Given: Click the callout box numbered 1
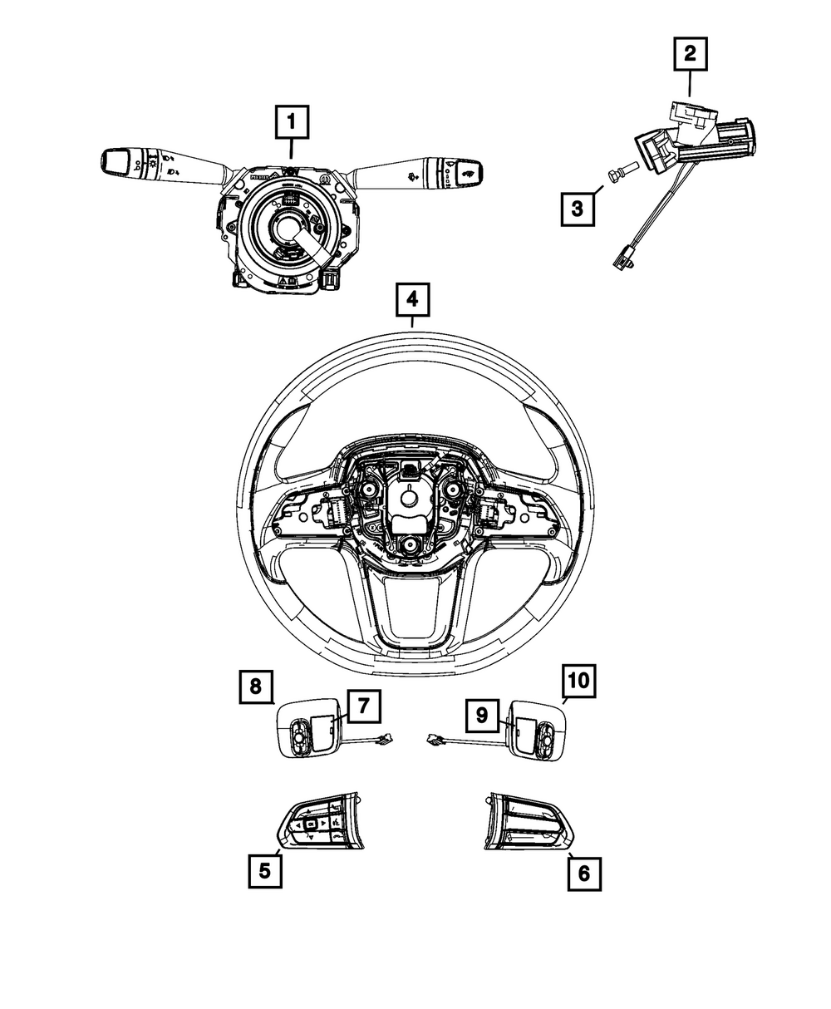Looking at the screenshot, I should point(291,124).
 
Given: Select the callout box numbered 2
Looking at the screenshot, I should point(690,56).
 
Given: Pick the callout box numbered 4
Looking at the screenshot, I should point(413,302).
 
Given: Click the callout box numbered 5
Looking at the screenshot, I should point(264,871).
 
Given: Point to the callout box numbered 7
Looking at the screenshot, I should point(362,708).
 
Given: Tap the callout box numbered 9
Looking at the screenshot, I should point(481,714).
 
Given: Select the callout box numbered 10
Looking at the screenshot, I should point(578,682).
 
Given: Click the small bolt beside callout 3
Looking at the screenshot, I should point(622,175).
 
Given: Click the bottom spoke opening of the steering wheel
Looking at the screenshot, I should point(410,606).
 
